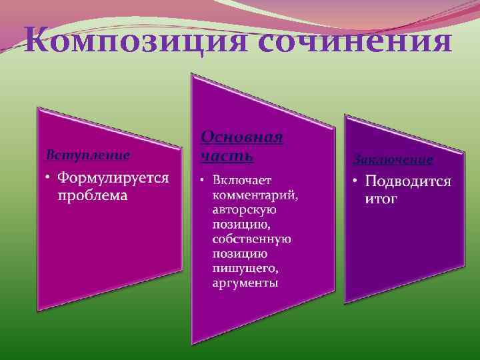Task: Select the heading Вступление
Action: click(x=87, y=155)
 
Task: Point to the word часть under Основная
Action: click(x=227, y=156)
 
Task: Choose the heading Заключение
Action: click(x=393, y=160)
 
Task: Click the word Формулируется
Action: click(x=113, y=179)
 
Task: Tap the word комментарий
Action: click(x=255, y=195)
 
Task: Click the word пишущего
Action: click(x=245, y=269)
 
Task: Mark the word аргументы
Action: click(x=245, y=283)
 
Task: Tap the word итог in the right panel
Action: click(x=381, y=199)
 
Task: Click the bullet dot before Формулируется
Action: click(x=48, y=179)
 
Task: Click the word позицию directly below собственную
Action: click(x=239, y=254)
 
